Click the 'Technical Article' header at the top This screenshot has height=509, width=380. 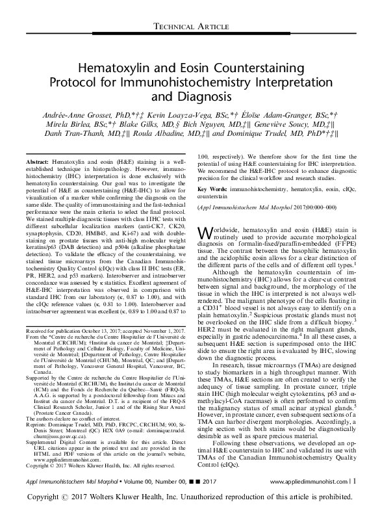click(190, 26)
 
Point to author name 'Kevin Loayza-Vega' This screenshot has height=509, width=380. click(165, 114)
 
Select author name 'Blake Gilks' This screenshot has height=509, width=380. click(140, 125)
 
